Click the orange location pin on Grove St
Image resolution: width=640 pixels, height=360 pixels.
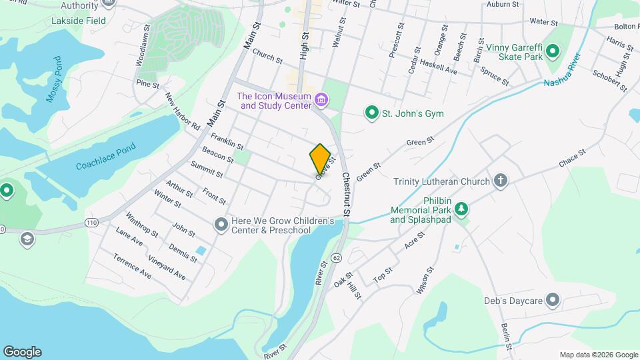pos(320,158)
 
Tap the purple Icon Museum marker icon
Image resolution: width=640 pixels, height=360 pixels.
pos(322,100)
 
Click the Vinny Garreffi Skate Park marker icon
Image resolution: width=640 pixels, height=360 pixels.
pos(554,53)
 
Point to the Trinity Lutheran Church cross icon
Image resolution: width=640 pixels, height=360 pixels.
pos(500,181)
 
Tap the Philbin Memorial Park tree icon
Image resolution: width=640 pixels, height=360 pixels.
pos(461,209)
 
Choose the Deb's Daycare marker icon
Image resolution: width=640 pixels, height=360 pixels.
pos(552,301)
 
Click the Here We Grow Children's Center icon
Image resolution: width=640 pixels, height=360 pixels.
pos(221,225)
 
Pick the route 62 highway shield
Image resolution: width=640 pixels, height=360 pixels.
pos(336,257)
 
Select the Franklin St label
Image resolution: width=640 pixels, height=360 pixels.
pos(227,142)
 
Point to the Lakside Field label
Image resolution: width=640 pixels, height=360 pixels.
pos(79,21)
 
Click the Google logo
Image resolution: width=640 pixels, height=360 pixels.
pos(22,351)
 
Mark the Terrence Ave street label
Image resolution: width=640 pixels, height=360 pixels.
pos(132,265)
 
